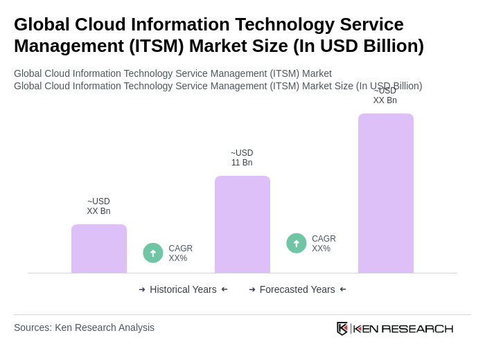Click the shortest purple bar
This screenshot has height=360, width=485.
tap(99, 249)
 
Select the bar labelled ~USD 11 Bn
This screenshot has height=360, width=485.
tap(242, 224)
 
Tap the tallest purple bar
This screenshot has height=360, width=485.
tap(386, 193)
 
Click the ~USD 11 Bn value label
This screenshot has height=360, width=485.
tap(242, 158)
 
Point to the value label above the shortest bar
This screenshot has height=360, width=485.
tap(98, 206)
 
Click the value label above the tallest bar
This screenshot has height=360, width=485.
tap(385, 96)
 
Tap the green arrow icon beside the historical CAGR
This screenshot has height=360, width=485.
tap(153, 253)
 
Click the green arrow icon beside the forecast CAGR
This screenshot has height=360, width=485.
tap(297, 243)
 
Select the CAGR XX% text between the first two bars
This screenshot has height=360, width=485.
tap(181, 253)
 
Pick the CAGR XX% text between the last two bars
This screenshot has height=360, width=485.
tap(324, 244)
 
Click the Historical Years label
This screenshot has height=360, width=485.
tap(183, 289)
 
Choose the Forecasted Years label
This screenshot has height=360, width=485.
tap(297, 289)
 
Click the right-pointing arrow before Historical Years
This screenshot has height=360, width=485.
tap(142, 289)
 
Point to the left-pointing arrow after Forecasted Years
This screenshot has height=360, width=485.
tap(343, 289)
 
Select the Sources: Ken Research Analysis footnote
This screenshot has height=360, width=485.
tap(84, 327)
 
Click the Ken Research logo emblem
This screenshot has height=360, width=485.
tap(342, 328)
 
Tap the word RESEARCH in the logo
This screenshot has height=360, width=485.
tap(417, 328)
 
